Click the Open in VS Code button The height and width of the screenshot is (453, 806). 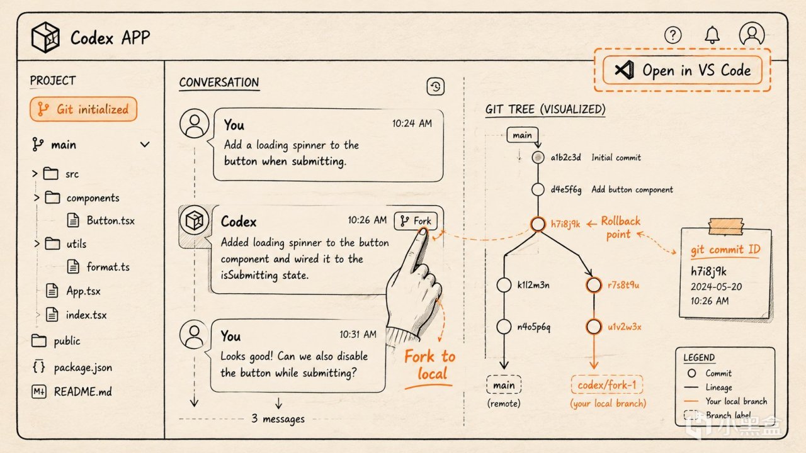pos(682,70)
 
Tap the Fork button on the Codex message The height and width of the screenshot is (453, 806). pos(416,221)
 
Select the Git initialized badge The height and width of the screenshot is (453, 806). pos(84,109)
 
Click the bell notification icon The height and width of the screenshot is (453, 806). pos(712,35)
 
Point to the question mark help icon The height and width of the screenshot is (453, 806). pos(673,35)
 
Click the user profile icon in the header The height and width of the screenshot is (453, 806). pos(752,35)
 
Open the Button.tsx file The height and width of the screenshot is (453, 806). pos(101,220)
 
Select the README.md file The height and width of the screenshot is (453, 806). pos(72,391)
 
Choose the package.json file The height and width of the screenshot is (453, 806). pos(72,367)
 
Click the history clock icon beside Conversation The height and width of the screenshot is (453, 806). pos(435,87)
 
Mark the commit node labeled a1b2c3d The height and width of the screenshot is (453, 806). pos(538,157)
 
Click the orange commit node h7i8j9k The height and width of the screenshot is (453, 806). pos(538,224)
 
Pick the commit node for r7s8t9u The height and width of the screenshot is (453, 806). pos(594,285)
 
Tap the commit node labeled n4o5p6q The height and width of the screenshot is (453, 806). pos(504,327)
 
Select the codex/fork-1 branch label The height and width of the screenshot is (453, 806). pos(607,385)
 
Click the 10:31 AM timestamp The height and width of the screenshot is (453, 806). pos(358,334)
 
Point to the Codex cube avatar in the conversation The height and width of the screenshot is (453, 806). pos(195,220)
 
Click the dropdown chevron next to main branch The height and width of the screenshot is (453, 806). pos(145,145)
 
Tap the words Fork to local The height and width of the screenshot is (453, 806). pos(430,365)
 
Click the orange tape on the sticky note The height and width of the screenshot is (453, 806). pos(726,226)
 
